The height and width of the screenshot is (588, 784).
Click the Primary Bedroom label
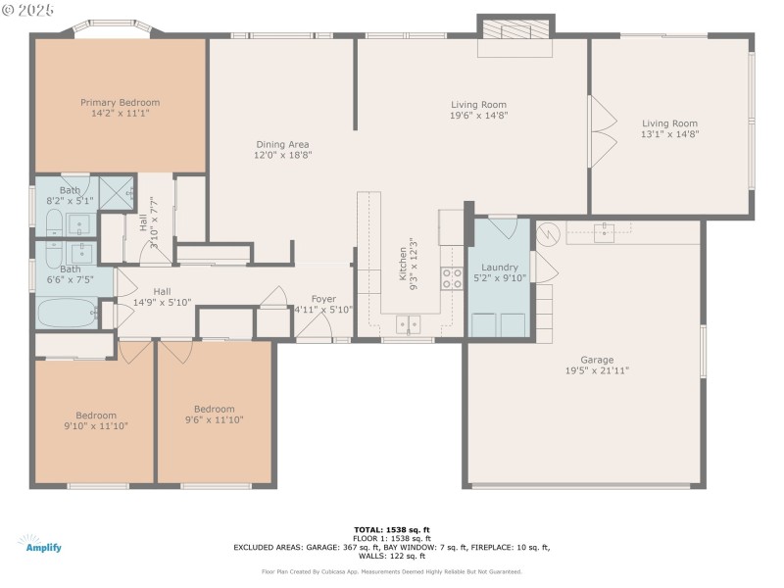pos(120,102)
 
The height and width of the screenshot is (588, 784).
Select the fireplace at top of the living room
pos(515,30)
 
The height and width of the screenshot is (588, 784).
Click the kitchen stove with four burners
pos(451,277)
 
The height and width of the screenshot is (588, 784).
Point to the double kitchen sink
pos(408,322)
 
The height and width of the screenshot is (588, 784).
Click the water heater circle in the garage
pos(547,233)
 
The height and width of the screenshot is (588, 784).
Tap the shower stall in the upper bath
pos(118,192)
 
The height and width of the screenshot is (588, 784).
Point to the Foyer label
pos(323,299)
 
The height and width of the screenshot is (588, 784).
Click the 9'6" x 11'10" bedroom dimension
pos(214,419)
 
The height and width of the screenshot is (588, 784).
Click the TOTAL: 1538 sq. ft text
pos(391,529)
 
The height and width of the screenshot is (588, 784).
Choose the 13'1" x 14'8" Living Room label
pos(670,123)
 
